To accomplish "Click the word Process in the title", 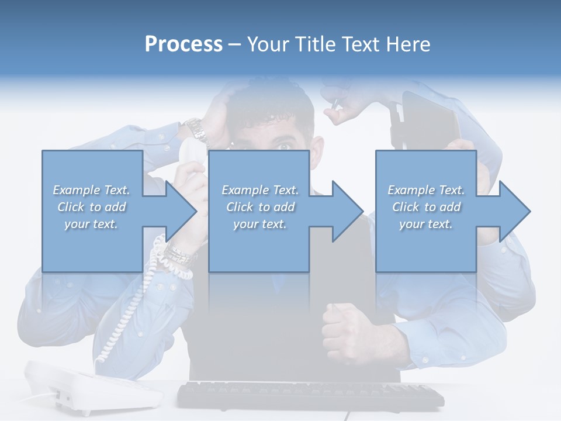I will (183, 44).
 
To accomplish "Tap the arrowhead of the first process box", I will (182, 211).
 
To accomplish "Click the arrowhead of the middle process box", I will (348, 211).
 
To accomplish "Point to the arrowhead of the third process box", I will (515, 211).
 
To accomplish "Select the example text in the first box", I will (92, 207).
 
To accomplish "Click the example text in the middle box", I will (260, 207).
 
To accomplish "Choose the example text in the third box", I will (426, 207).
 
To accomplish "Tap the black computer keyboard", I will (310, 395).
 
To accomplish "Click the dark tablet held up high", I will (430, 120).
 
